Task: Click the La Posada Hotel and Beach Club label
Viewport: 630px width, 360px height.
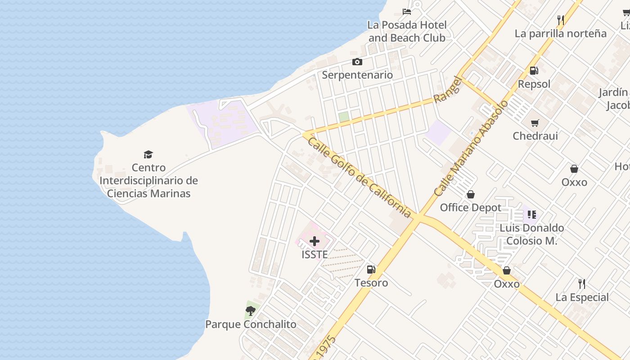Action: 407,31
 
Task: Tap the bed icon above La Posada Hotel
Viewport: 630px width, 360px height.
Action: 407,11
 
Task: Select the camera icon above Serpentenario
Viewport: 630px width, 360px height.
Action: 357,62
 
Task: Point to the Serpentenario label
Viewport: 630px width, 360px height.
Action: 357,75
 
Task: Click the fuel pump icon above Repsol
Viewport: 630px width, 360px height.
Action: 534,70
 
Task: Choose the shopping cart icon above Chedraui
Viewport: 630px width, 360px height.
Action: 535,123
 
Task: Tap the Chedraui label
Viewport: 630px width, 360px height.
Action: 535,135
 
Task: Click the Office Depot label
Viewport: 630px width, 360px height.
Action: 470,207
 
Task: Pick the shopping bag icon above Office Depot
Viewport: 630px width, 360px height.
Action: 470,194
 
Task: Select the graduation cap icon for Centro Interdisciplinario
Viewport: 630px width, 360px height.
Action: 148,155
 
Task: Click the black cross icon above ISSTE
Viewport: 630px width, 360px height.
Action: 315,241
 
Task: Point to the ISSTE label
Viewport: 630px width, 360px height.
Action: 315,254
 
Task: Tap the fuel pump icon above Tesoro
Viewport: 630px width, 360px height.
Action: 371,270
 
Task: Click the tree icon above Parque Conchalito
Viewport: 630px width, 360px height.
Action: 251,310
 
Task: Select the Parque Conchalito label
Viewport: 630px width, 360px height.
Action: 251,324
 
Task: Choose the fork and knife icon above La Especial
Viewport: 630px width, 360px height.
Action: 582,284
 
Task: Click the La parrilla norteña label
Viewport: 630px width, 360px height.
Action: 560,33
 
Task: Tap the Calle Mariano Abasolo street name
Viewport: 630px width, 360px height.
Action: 471,148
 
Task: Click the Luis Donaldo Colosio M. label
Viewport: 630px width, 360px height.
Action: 531,234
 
